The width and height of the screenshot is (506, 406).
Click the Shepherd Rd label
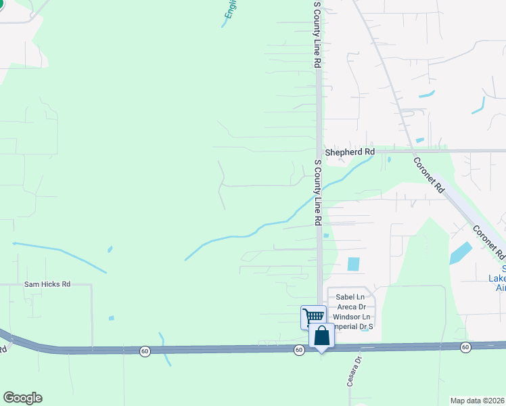pyautogui.click(x=349, y=152)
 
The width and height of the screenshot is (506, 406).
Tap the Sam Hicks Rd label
pyautogui.click(x=47, y=285)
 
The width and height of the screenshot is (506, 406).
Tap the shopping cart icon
pyautogui.click(x=313, y=316)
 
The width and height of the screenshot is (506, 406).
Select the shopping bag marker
pyautogui.click(x=321, y=336)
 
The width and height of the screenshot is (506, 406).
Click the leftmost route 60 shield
pyautogui.click(x=145, y=351)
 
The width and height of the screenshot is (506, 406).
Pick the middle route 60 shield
pyautogui.click(x=298, y=350)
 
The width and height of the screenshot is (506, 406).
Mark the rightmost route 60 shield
pyautogui.click(x=465, y=347)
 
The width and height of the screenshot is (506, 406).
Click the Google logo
pyautogui.click(x=22, y=398)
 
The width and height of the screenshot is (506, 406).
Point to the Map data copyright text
pyautogui.click(x=478, y=401)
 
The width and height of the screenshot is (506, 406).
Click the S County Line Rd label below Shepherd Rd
pyautogui.click(x=317, y=194)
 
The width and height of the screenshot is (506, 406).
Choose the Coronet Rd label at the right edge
pyautogui.click(x=490, y=242)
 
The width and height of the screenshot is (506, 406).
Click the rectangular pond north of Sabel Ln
pyautogui.click(x=353, y=264)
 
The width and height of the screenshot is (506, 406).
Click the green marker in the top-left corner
pyautogui.click(x=1, y=3)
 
